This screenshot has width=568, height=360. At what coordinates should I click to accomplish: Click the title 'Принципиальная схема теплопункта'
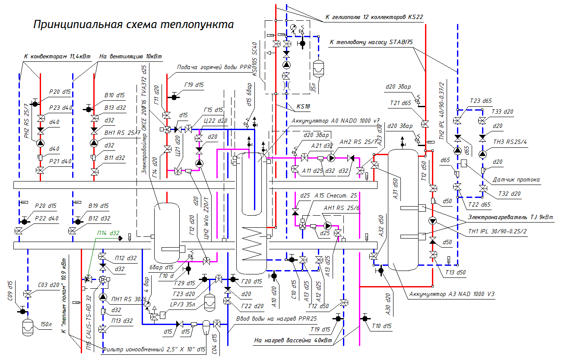pyautogui.click(x=133, y=24)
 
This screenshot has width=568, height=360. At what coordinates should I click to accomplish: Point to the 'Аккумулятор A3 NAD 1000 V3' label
pyautogui.click(x=451, y=294)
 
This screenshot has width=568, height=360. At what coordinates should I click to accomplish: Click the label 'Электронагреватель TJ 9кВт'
pyautogui.click(x=511, y=217)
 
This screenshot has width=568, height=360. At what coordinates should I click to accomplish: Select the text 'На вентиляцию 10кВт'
pyautogui.click(x=130, y=56)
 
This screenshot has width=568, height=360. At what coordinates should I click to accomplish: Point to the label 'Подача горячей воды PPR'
pyautogui.click(x=214, y=67)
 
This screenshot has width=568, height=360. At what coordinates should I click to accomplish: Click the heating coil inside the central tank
pyautogui.click(x=251, y=244)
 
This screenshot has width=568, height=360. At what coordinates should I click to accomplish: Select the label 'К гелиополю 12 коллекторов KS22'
pyautogui.click(x=374, y=17)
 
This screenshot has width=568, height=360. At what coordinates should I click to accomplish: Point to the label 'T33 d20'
pyautogui.click(x=502, y=112)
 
